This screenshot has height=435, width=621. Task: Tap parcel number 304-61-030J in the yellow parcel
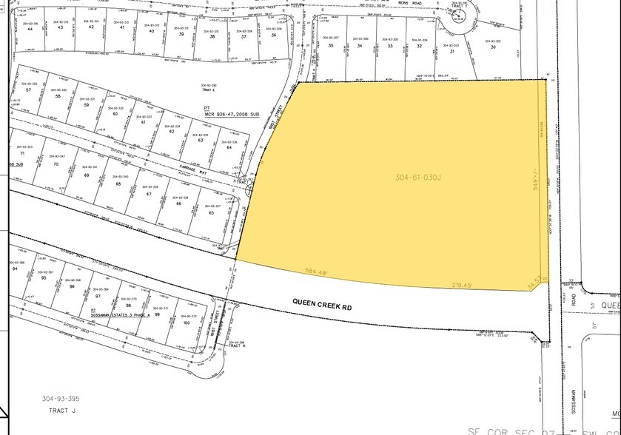(418, 177)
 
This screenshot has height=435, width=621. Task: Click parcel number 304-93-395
(61, 399)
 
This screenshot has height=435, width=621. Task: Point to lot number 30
(493, 47)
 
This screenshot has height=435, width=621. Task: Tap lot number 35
(331, 46)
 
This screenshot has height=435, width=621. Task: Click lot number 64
(229, 148)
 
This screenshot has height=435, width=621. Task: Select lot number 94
(15, 269)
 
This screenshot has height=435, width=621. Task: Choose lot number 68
(118, 183)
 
